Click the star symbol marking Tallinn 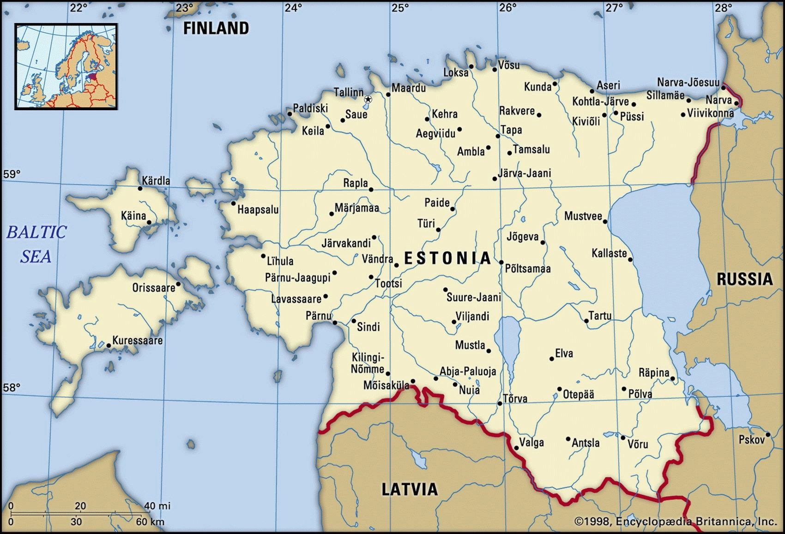point(368,99)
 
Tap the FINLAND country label point(216,29)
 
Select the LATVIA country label point(409,489)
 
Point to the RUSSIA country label point(744,279)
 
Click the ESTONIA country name point(447,258)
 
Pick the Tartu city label point(600,316)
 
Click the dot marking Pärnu point(335,323)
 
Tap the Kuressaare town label point(137,340)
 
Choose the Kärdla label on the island point(156,181)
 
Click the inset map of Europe point(66,66)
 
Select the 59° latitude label point(12,174)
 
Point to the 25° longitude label point(400,7)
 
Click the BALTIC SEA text point(36,244)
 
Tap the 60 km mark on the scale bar point(144,522)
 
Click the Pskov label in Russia point(751,440)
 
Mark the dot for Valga point(516,448)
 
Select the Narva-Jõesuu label point(688,83)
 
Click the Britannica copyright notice point(676,522)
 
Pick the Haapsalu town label point(258,210)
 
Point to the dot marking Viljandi point(454,322)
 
